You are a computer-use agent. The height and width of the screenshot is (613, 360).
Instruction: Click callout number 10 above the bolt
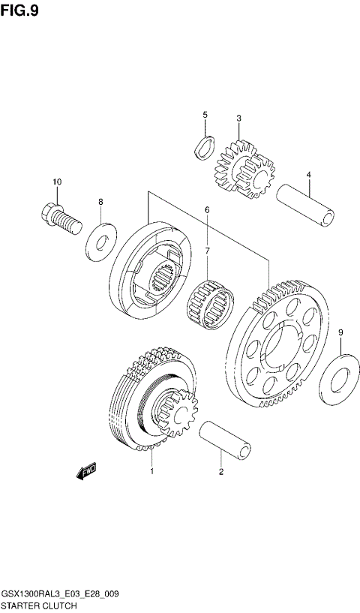click(x=57, y=182)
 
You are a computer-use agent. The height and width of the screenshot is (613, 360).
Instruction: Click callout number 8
click(x=100, y=202)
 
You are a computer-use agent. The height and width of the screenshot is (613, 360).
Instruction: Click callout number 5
click(x=204, y=115)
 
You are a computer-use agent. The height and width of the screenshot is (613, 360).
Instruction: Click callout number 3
click(x=238, y=119)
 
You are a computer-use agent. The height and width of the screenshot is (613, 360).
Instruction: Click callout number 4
click(x=307, y=175)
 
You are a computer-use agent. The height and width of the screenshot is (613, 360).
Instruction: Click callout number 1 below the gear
click(x=152, y=471)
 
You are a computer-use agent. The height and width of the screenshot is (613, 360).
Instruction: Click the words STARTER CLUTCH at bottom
click(x=39, y=604)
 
